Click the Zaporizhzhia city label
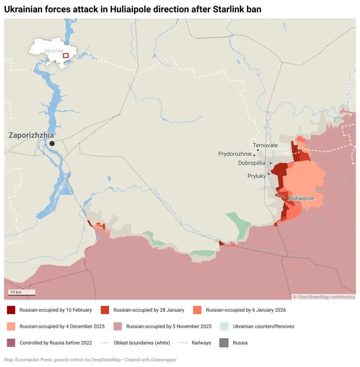pos(31,135)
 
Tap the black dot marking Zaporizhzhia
pos(52,143)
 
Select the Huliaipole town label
pos(301,198)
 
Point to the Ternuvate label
pos(265,146)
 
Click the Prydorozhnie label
pos(235,154)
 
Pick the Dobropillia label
pos(251,163)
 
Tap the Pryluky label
pos(256,176)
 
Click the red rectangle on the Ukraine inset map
pos(66,56)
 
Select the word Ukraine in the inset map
pos(53,51)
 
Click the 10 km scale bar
pos(22,293)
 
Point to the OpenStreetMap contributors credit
pos(324,297)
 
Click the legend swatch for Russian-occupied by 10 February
pos(11,310)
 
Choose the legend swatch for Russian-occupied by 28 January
pos(105,310)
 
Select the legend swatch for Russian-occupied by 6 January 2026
pos(197,310)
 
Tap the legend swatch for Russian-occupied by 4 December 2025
pos(11,327)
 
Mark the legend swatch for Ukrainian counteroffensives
pos(225,327)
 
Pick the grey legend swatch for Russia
pos(224,343)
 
